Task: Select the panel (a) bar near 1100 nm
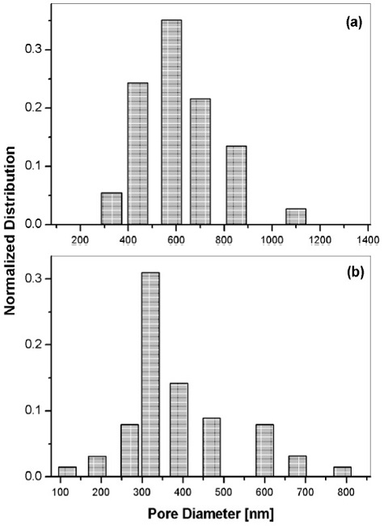click(295, 216)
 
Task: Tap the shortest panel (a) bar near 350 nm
click(111, 209)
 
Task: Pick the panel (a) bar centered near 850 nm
click(236, 185)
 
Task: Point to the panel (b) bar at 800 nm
click(343, 472)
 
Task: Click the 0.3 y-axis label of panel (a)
click(33, 50)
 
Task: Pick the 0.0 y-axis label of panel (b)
click(33, 477)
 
